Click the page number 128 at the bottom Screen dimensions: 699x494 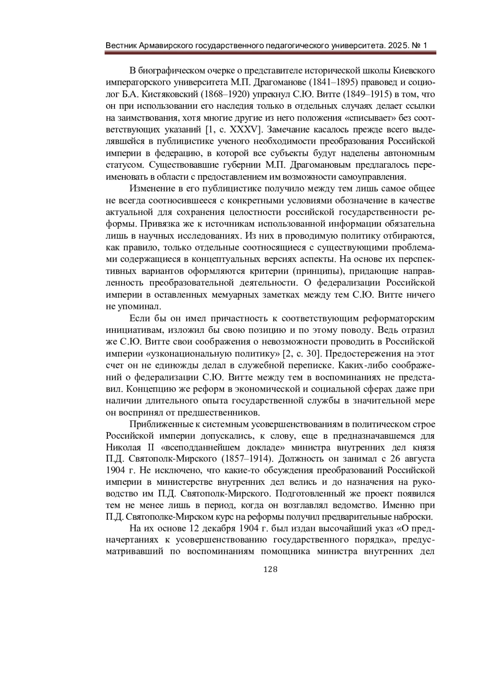pyautogui.click(x=270, y=570)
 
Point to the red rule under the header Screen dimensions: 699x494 pyautogui.click(x=270, y=53)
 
